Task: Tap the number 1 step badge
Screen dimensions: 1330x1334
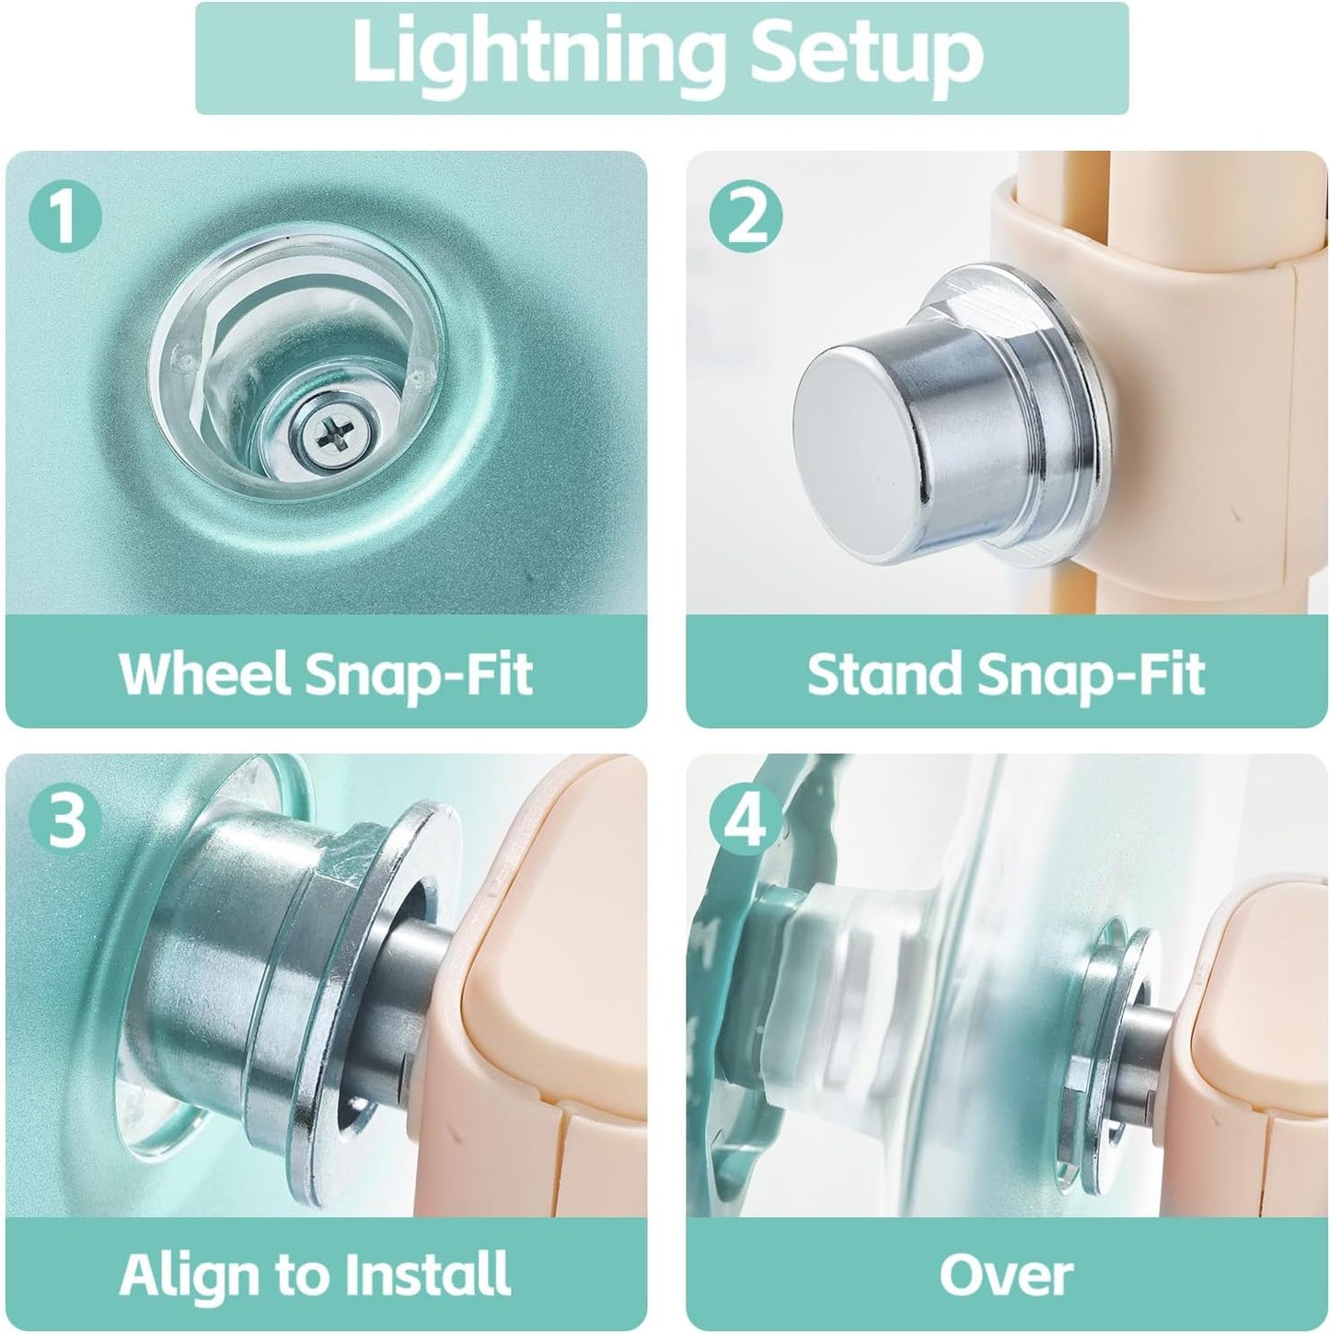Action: coord(65,215)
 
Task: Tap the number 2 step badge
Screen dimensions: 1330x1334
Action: coord(746,215)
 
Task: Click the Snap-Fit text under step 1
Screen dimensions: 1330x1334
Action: coord(418,675)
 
